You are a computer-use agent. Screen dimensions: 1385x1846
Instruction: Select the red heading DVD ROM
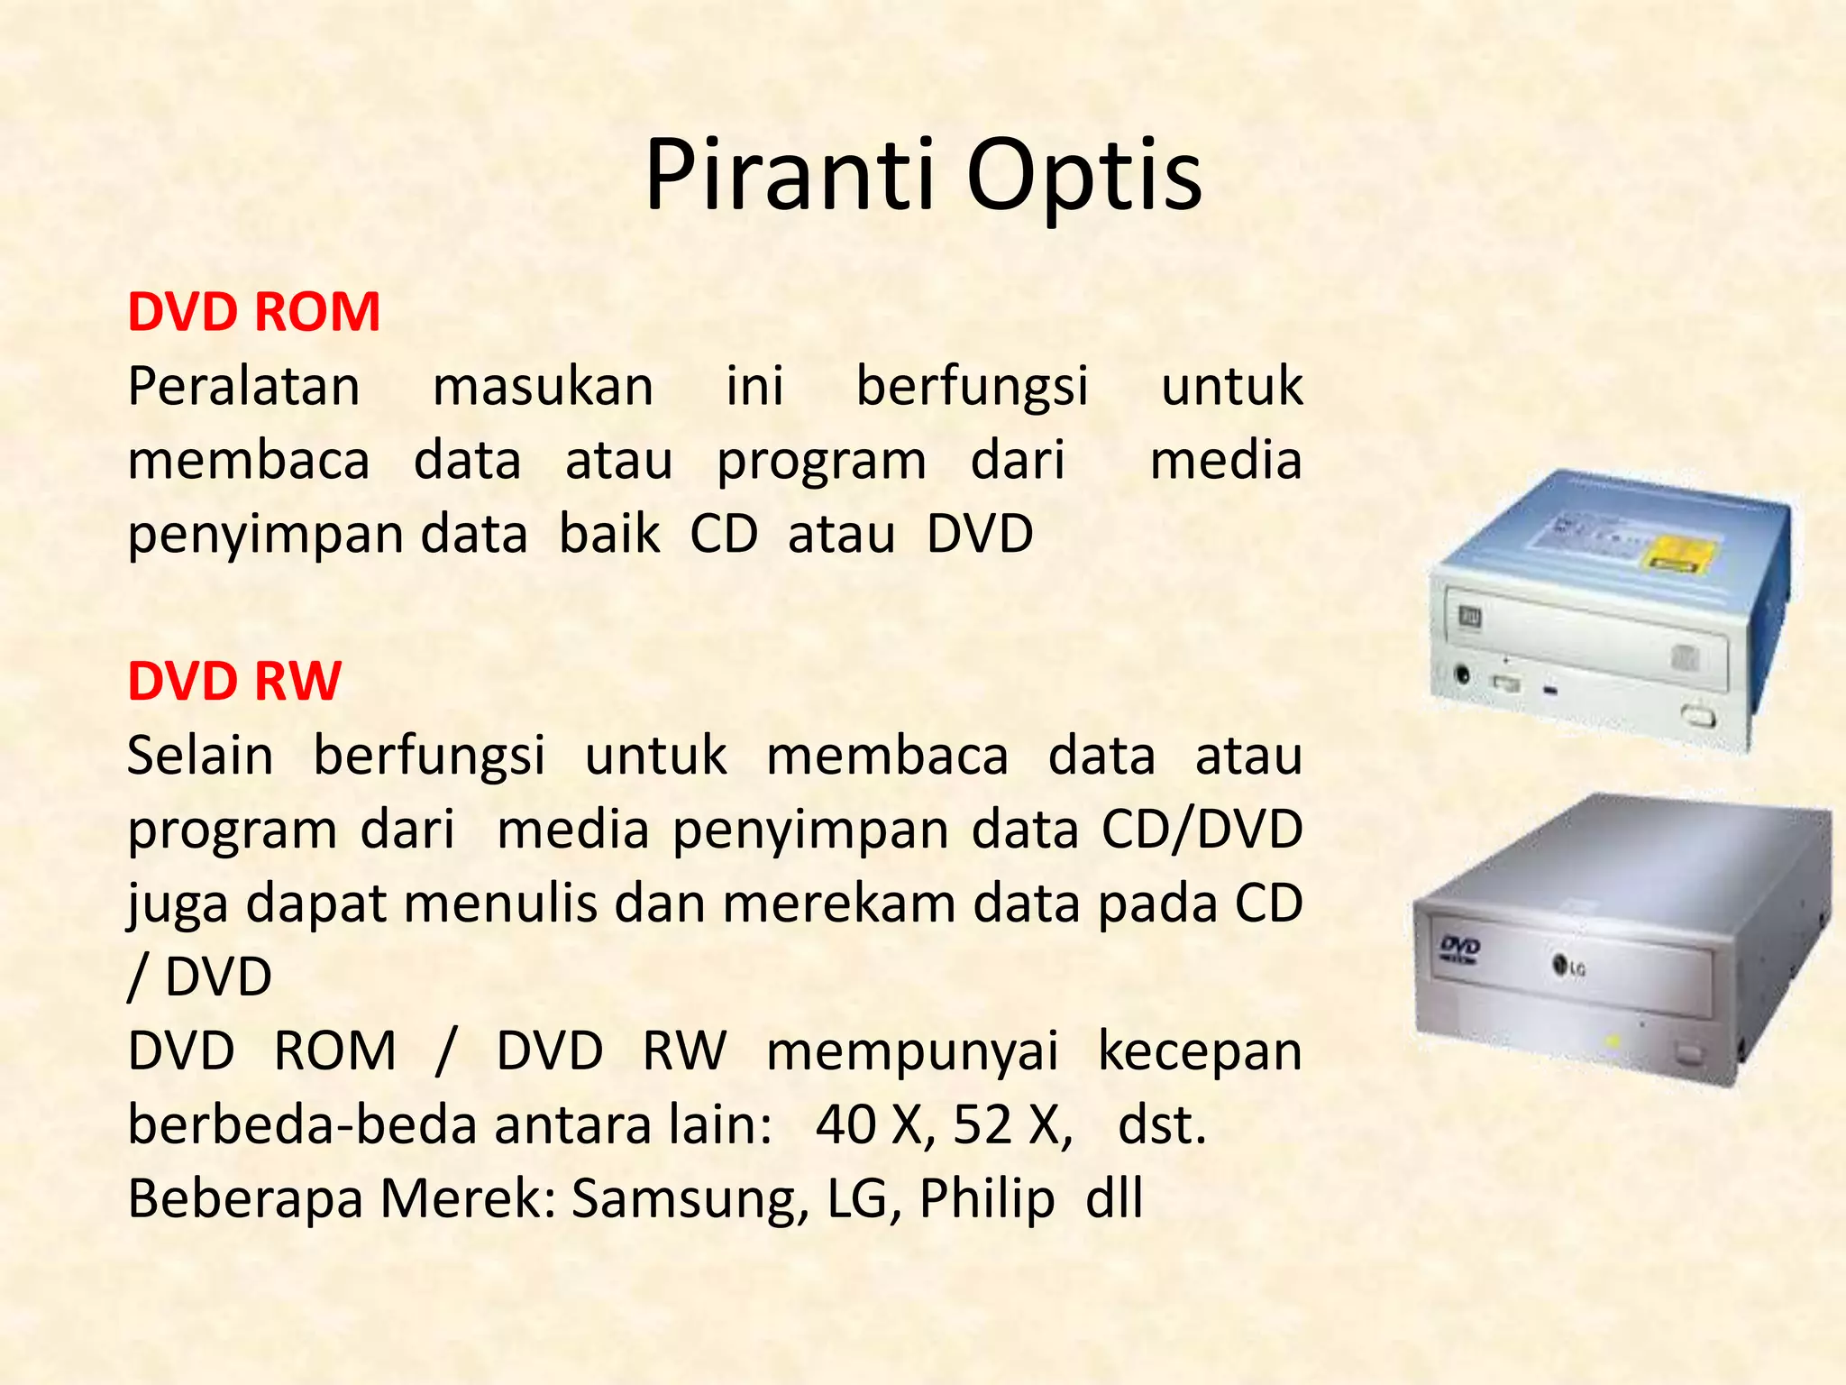point(253,312)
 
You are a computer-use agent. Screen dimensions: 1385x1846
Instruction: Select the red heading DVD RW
point(234,681)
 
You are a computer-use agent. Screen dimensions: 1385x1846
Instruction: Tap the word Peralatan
point(243,387)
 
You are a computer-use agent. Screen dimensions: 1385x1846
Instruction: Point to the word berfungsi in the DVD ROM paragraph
point(972,387)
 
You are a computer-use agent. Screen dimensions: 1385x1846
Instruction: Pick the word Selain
point(200,756)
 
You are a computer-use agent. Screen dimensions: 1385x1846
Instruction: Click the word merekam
point(838,903)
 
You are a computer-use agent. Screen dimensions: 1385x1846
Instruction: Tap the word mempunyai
point(912,1051)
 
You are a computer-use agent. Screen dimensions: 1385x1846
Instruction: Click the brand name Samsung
point(690,1199)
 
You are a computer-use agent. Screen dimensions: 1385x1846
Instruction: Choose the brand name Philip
point(987,1199)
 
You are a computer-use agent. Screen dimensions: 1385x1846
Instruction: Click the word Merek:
point(468,1199)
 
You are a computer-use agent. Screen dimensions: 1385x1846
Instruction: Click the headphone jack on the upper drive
point(1463,674)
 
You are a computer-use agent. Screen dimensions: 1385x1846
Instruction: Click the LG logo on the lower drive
point(1568,968)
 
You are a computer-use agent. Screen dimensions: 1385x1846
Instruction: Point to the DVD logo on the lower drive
point(1458,948)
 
